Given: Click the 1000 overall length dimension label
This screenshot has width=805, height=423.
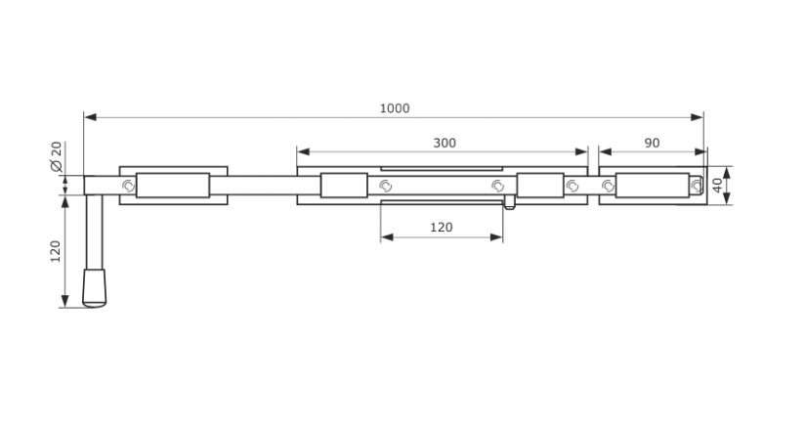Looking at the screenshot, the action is [x=395, y=108].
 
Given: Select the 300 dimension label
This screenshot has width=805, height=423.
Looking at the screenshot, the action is [x=445, y=143].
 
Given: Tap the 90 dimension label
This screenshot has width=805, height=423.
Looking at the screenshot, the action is [x=652, y=143].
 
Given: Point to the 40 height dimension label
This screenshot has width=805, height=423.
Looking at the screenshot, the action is [x=717, y=186].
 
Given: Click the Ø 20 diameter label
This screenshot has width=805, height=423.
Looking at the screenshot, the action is [x=56, y=156].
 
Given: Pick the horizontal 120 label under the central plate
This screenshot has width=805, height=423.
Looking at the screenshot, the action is [x=442, y=227].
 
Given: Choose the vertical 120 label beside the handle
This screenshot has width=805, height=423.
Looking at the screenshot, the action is [x=56, y=251].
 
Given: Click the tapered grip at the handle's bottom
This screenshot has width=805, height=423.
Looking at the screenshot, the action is [x=95, y=288].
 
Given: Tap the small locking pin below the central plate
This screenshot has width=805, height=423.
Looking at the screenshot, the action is [x=509, y=202].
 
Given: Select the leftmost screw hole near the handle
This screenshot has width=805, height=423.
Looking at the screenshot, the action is [x=128, y=186].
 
